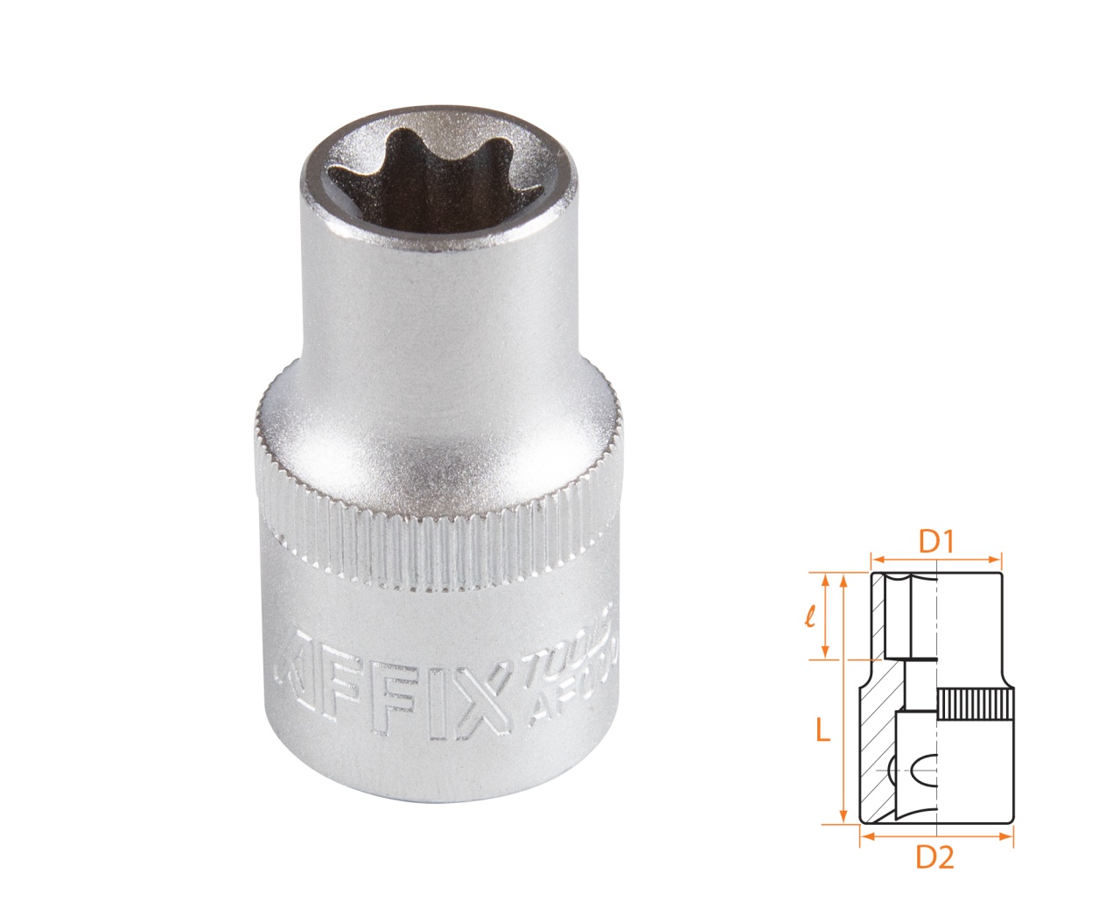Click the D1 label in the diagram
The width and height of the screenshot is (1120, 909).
pyautogui.click(x=935, y=543)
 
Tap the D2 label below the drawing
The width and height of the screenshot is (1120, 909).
pyautogui.click(x=934, y=859)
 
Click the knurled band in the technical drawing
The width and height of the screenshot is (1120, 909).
pyautogui.click(x=976, y=704)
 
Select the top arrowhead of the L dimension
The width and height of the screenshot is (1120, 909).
pyautogui.click(x=843, y=580)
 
